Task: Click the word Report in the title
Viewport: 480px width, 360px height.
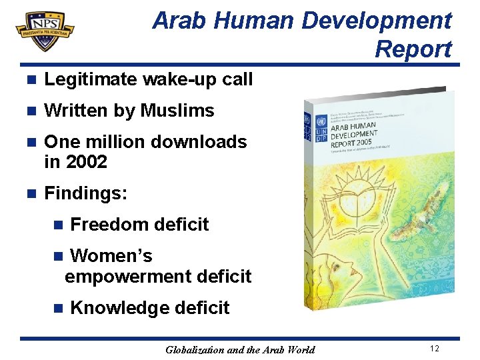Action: [413, 49]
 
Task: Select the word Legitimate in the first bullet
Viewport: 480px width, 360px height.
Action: [91, 79]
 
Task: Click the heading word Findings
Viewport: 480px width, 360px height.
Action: [85, 193]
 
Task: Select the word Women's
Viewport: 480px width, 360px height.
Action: [111, 256]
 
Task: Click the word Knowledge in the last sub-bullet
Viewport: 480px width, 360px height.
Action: [119, 308]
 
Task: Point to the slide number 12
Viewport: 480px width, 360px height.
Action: [434, 349]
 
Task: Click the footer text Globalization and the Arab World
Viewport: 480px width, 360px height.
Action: [240, 349]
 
